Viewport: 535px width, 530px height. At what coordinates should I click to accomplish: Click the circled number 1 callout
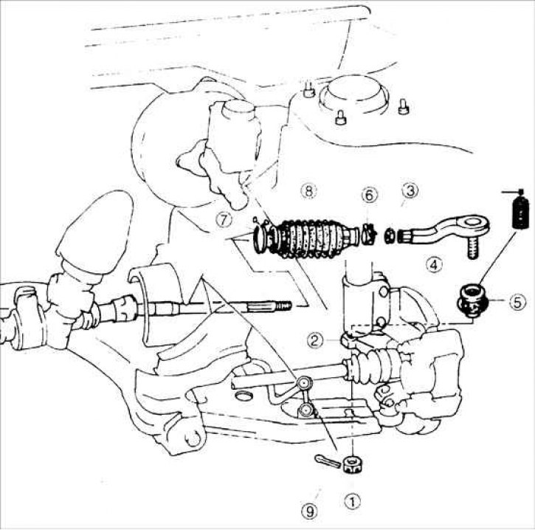coord(353,502)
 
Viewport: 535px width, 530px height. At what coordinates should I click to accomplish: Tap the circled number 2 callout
coord(314,340)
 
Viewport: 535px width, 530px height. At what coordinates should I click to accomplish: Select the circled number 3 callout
coord(410,190)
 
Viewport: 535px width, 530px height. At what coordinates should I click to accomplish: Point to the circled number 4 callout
coord(434,264)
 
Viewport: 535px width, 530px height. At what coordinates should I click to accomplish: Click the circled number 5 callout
coord(517,302)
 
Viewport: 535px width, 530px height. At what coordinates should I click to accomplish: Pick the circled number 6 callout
coord(370,195)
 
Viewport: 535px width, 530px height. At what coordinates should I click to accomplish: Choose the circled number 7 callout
coord(224,219)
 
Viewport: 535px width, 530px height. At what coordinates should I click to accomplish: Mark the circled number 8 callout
coord(308,190)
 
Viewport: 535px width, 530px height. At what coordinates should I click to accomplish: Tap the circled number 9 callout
coord(309,511)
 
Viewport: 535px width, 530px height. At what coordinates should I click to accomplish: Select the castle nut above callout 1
coord(353,465)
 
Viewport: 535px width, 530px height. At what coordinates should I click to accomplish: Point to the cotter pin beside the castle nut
coord(328,461)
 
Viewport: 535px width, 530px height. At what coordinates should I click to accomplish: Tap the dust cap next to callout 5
coord(472,300)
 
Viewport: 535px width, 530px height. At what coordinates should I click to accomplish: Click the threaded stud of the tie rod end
coord(472,248)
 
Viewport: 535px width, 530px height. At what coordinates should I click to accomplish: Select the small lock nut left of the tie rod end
coord(390,236)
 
